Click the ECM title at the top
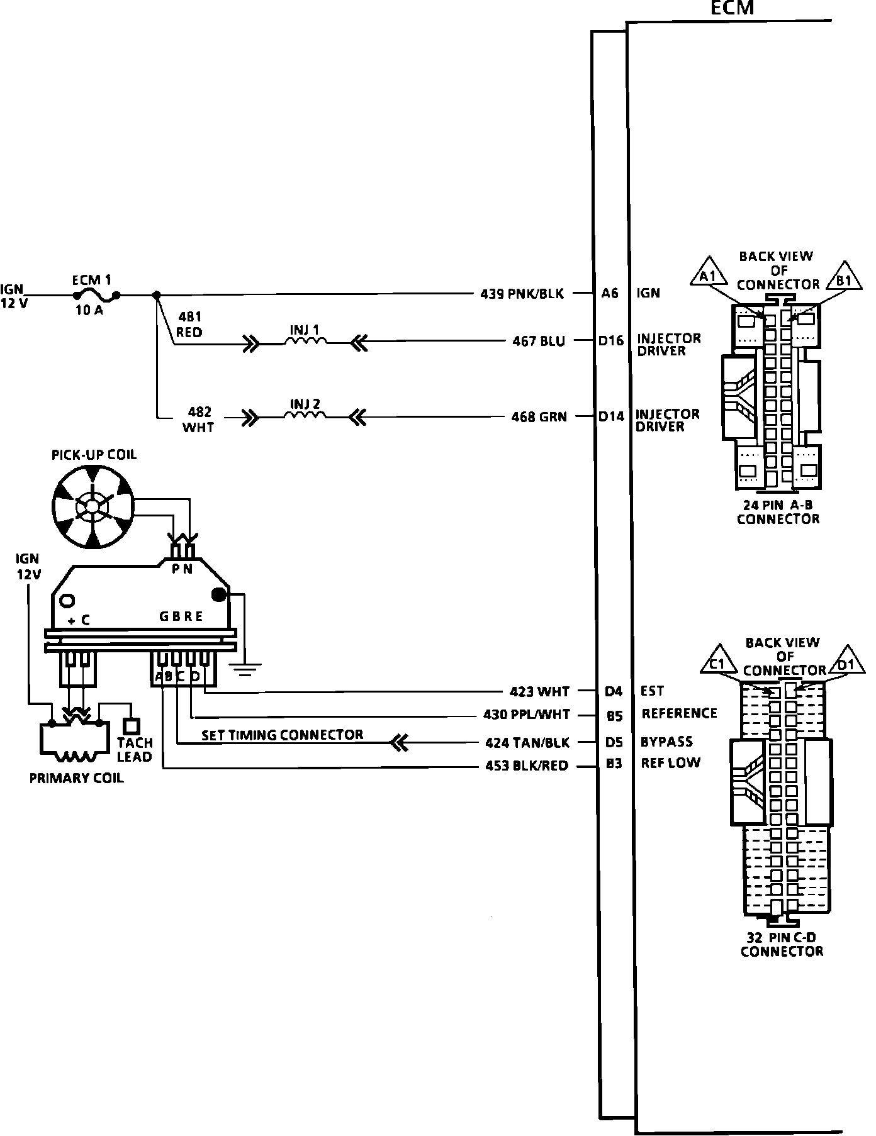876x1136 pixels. coord(731,8)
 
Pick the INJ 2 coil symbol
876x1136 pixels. coord(305,415)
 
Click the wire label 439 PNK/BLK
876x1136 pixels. coord(522,293)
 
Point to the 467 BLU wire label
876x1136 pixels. coord(539,342)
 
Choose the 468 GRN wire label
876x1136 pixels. coord(539,416)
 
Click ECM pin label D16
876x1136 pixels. coord(610,341)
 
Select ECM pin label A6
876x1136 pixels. coord(610,293)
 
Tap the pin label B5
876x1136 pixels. coord(614,715)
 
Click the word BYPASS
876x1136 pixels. coord(666,742)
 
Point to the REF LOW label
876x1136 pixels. coord(670,763)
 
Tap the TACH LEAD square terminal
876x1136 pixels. coord(131,726)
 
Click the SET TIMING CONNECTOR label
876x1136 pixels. coord(282,735)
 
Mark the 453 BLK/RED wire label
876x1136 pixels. coord(527,766)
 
